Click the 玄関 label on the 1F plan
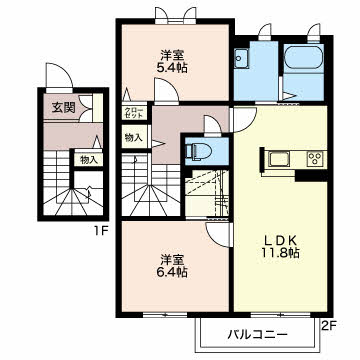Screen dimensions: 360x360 click(x=63, y=107)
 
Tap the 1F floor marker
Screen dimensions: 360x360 click(x=99, y=230)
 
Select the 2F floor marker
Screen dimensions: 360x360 click(x=328, y=326)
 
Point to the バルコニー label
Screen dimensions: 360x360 click(x=257, y=334)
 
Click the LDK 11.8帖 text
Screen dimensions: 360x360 click(x=279, y=247)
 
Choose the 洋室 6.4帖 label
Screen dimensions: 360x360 click(x=172, y=266)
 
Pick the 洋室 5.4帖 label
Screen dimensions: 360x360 click(x=172, y=61)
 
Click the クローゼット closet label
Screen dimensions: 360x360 click(x=134, y=113)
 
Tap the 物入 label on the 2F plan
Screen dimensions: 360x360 click(x=133, y=137)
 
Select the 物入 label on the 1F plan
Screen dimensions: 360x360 click(x=89, y=160)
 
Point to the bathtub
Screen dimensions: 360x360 click(x=303, y=57)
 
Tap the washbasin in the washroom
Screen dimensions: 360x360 click(x=241, y=59)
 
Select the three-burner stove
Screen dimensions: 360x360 click(x=315, y=158)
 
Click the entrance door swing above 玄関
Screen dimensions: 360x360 click(x=59, y=76)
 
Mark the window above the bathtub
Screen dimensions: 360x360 click(x=314, y=34)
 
